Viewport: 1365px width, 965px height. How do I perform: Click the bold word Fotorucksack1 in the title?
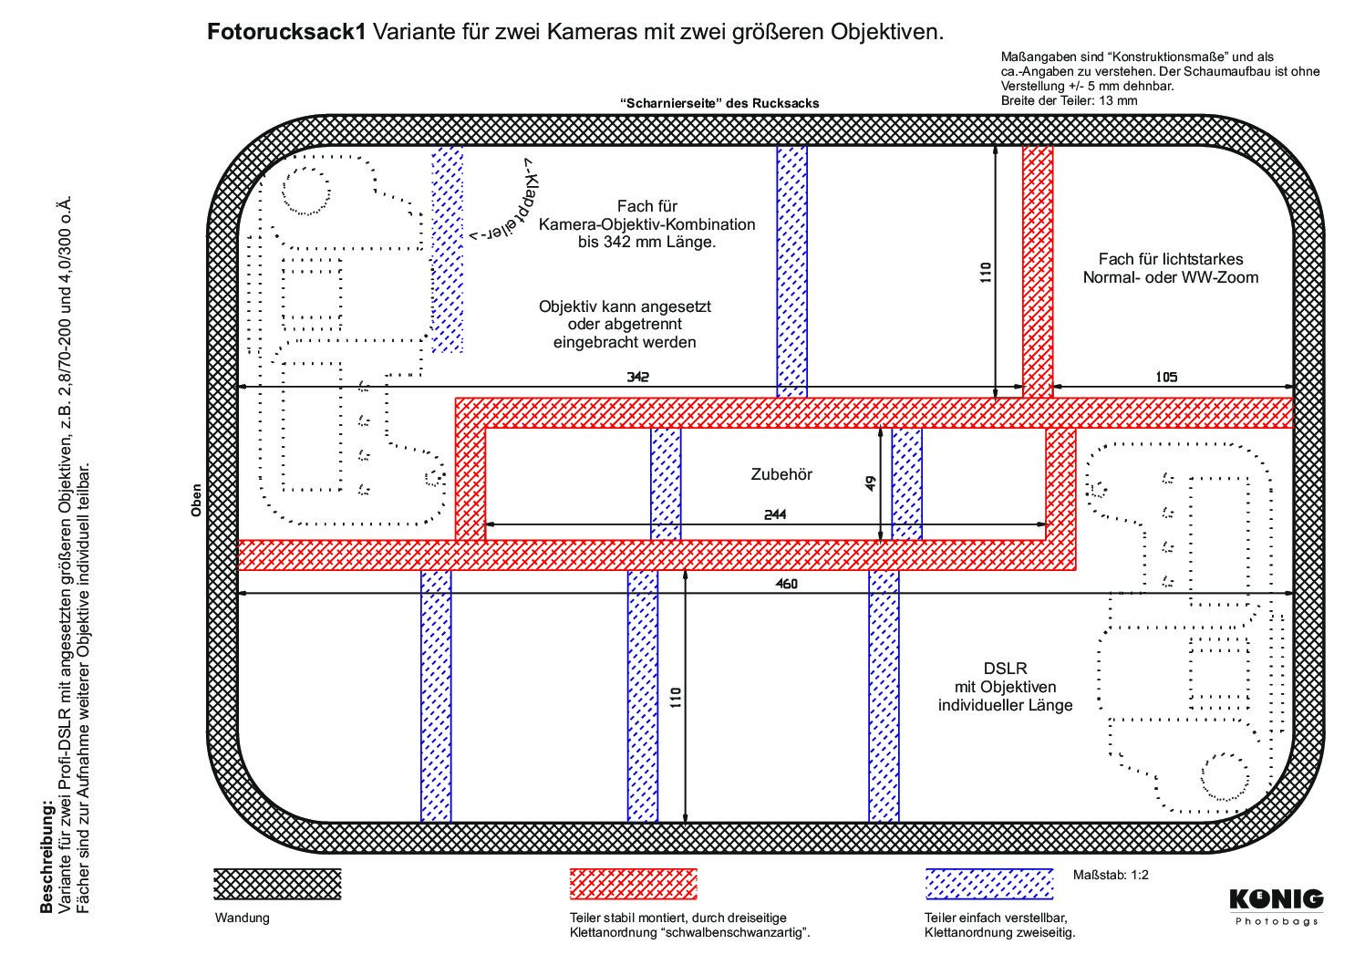click(x=286, y=32)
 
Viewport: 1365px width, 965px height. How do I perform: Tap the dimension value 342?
click(x=638, y=377)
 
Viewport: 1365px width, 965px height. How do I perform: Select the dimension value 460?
click(x=787, y=584)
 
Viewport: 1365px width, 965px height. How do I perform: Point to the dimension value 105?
click(x=1166, y=377)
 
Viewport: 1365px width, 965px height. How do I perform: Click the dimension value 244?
click(x=775, y=514)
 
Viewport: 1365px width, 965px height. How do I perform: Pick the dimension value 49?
click(x=871, y=483)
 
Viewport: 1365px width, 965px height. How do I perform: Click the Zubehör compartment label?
click(x=781, y=474)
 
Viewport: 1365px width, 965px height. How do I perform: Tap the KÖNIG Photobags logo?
click(x=1277, y=908)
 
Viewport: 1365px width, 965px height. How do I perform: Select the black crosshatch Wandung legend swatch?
click(x=277, y=884)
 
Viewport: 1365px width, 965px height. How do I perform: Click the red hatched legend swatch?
click(x=633, y=884)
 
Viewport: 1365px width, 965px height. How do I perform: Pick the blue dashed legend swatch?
click(x=989, y=884)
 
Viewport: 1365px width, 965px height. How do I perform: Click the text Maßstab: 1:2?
click(x=1111, y=875)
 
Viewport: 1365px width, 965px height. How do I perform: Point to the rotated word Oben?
click(x=196, y=501)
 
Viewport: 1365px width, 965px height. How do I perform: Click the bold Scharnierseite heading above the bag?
click(x=719, y=103)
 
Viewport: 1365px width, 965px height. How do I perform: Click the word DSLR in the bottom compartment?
click(x=1005, y=669)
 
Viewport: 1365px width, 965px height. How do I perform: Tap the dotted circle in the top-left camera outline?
click(x=306, y=190)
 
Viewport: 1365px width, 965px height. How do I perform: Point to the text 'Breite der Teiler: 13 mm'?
click(x=1069, y=100)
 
